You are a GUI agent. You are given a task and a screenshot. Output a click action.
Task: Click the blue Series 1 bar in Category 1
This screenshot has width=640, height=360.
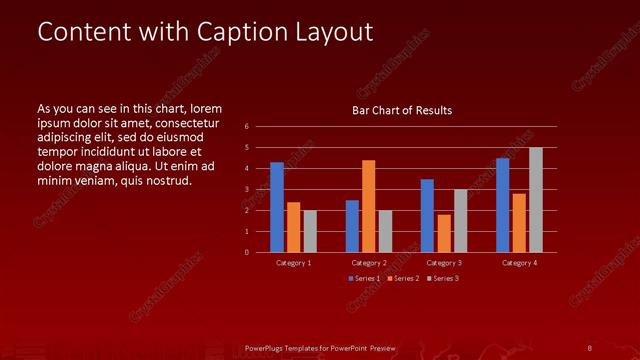point(277,207)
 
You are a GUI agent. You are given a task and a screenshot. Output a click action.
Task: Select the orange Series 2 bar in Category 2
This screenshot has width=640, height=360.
point(369,206)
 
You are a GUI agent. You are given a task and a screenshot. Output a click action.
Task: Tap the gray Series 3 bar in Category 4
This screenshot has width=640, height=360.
point(536,200)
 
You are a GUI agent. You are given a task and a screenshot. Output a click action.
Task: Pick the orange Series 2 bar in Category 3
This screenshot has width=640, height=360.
point(444,233)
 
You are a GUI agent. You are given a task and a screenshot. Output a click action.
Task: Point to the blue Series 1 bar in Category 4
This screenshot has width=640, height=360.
point(503,205)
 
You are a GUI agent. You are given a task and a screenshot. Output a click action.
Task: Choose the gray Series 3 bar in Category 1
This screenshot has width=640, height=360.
point(310,231)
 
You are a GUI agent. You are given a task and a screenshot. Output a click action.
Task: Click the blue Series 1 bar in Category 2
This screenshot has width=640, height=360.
point(352,226)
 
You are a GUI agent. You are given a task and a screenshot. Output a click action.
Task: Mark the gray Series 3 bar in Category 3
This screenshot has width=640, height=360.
point(460,220)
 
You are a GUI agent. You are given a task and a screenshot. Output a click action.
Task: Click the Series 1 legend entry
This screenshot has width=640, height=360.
point(364,278)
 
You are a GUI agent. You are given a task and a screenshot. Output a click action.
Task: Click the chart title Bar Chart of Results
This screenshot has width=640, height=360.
point(402,110)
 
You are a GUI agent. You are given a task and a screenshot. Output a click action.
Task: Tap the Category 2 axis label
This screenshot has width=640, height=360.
point(369,263)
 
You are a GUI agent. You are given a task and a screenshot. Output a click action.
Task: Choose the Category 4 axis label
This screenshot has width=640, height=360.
point(519,263)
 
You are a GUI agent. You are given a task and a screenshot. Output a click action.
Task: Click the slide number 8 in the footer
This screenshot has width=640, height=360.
point(590,348)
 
